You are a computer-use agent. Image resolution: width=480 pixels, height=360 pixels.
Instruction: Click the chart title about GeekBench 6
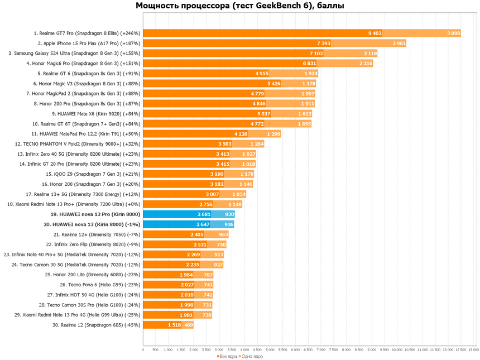point(240,6)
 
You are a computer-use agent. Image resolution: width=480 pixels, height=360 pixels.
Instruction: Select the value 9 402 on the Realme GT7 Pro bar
point(375,33)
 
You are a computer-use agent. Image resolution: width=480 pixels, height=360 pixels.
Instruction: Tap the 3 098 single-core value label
point(453,33)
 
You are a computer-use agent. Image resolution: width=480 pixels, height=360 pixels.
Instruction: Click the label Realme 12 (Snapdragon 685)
point(96,325)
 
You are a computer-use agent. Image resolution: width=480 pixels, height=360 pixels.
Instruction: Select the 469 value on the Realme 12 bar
point(188,325)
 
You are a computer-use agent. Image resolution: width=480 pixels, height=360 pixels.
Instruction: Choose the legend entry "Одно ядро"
point(252,356)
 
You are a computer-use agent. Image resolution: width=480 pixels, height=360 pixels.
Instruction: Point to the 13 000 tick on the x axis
point(473,350)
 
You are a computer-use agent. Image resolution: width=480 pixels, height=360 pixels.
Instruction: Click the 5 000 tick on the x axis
point(270,350)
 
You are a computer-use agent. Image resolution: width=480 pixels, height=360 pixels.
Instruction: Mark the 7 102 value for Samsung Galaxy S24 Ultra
point(315,54)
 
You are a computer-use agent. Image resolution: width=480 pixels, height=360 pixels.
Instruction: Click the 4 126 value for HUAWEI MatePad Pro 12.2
point(241,134)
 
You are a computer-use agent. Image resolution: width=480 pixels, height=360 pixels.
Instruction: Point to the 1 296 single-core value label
point(273,134)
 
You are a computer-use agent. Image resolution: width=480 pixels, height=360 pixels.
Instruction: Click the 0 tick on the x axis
point(143,350)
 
